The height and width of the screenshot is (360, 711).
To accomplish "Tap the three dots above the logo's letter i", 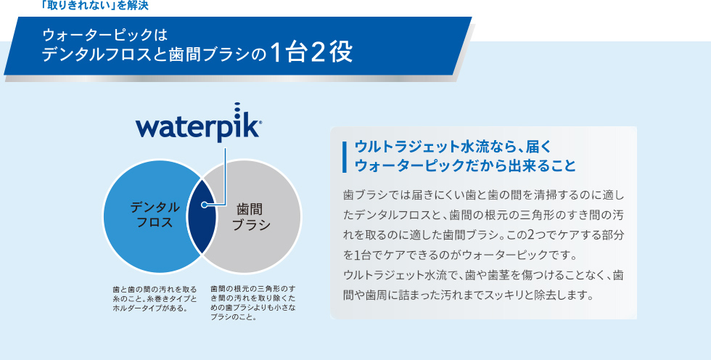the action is pyautogui.click(x=237, y=109).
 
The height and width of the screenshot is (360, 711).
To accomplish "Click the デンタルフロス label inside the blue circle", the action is pyautogui.click(x=155, y=215).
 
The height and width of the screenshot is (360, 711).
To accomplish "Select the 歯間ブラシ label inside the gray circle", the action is pyautogui.click(x=251, y=217).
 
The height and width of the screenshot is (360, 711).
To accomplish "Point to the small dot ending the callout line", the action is pyautogui.click(x=205, y=205).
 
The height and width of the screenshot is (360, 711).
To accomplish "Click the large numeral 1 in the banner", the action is pyautogui.click(x=275, y=53).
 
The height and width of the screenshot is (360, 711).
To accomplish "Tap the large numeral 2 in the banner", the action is pyautogui.click(x=318, y=53).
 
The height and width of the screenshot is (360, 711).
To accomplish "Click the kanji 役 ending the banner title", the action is pyautogui.click(x=342, y=53).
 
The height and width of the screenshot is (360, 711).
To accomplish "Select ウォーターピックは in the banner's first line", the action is pyautogui.click(x=104, y=34).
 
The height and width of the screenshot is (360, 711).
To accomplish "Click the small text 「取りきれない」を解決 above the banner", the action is pyautogui.click(x=94, y=5).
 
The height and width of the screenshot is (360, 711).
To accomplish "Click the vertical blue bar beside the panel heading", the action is pyautogui.click(x=345, y=157).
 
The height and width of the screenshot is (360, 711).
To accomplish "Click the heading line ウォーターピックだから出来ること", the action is pyautogui.click(x=465, y=165).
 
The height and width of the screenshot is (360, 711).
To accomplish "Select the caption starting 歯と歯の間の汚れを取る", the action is pyautogui.click(x=155, y=299).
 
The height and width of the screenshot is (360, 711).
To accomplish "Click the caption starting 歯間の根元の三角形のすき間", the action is pyautogui.click(x=253, y=303).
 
